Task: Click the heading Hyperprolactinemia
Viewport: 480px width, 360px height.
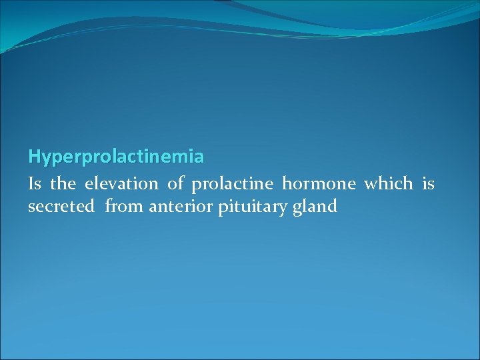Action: click(116, 157)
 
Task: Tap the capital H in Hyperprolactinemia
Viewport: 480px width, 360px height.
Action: click(34, 157)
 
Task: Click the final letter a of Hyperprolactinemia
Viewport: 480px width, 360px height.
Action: click(199, 157)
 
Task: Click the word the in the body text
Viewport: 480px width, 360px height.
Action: click(63, 183)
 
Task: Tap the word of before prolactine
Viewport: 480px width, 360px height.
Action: click(175, 183)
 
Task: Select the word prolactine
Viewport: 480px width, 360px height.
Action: click(232, 183)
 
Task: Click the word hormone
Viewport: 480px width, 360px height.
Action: click(319, 183)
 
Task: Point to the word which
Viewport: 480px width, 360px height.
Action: click(388, 183)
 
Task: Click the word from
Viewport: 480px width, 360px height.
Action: click(125, 207)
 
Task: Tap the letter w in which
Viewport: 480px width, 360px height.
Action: click(371, 185)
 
